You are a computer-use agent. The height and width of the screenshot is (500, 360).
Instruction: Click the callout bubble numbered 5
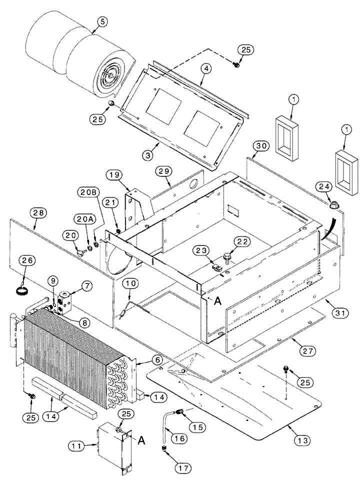pos(102,21)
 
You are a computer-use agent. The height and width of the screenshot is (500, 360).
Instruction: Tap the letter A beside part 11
pos(141,440)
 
